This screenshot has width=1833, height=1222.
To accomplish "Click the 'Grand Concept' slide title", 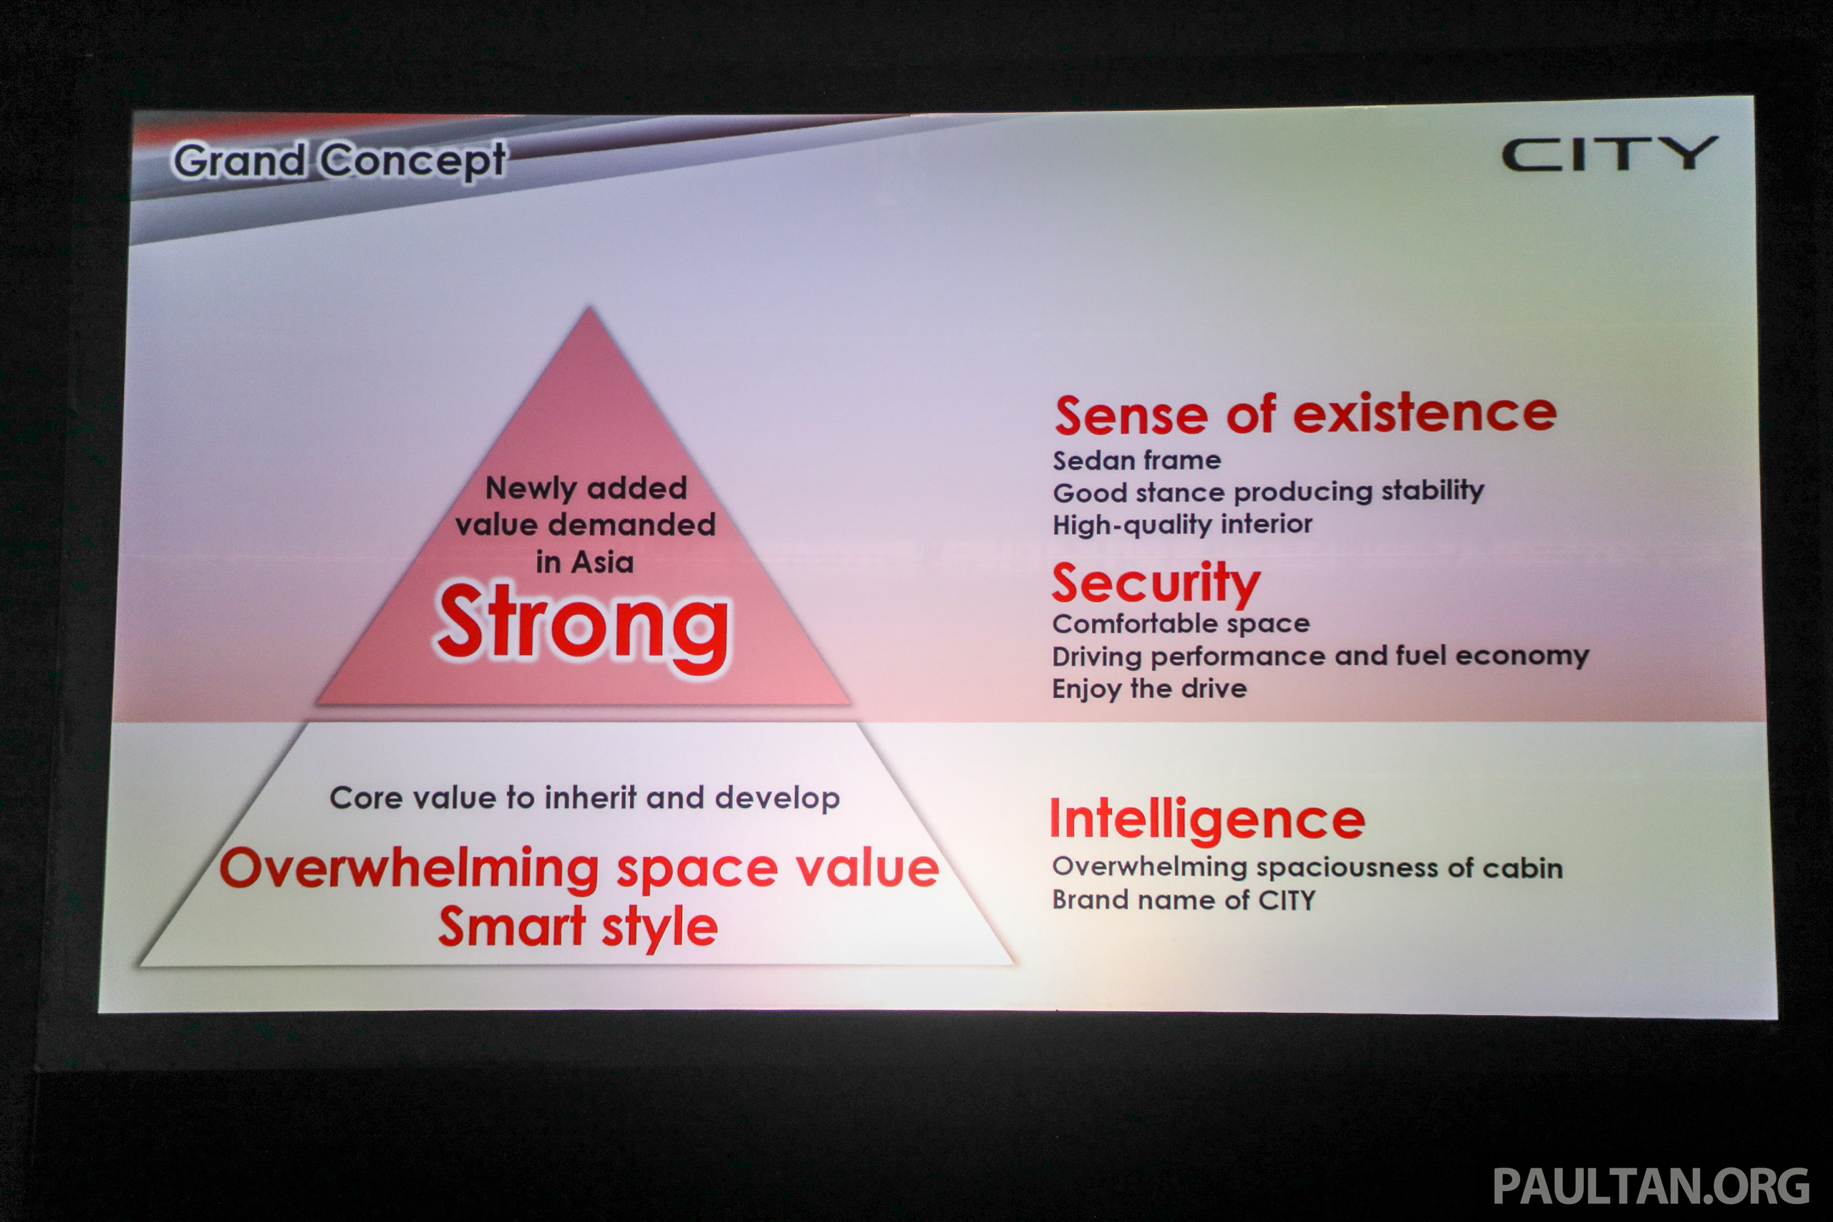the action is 340,162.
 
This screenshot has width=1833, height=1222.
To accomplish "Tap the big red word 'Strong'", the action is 583,625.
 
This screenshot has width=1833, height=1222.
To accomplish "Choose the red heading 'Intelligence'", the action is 1207,820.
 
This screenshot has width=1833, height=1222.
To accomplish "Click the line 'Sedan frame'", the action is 1137,460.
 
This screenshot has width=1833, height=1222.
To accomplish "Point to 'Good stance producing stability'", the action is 1268,492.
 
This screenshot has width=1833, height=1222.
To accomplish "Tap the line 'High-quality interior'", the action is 1182,525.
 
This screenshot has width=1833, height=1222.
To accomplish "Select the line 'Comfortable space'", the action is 1181,624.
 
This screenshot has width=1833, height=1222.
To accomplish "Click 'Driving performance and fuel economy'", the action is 1320,656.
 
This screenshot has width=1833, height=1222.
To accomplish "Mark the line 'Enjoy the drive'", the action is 1149,689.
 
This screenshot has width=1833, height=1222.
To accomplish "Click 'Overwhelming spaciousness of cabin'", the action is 1307,868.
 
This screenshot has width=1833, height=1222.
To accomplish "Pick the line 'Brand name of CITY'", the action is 1183,900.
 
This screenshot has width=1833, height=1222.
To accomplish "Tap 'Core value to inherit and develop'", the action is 584,798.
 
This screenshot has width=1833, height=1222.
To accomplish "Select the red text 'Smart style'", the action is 578,927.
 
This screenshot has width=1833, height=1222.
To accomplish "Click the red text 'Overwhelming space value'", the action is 579,869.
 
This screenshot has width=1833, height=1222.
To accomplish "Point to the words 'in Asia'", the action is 584,562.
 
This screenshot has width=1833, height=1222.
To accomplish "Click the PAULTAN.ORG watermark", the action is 1651,1186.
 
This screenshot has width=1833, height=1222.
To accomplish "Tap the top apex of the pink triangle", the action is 589,308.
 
